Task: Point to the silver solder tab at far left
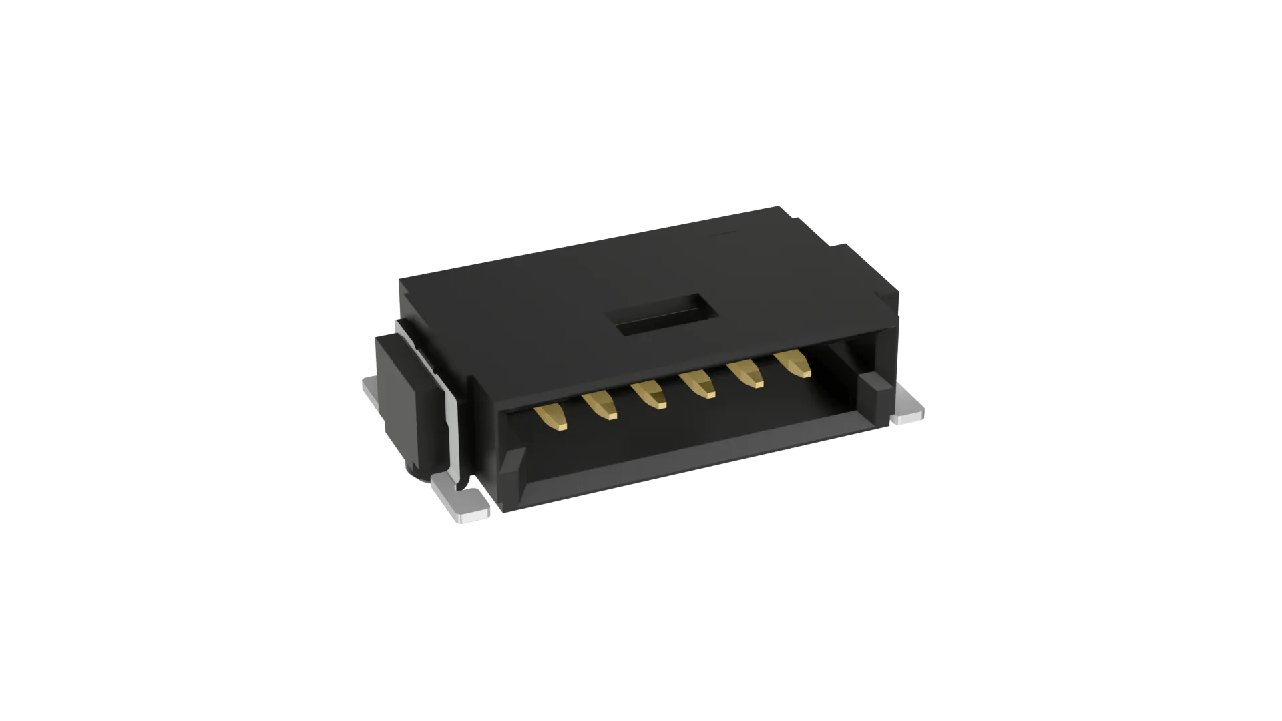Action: (x=369, y=391)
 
